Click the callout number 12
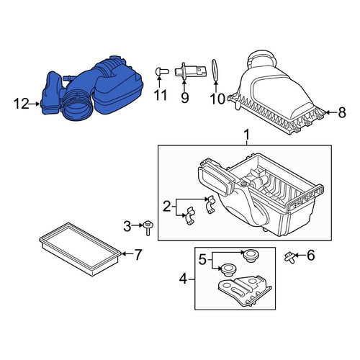(x=22, y=104)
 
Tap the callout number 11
(x=160, y=95)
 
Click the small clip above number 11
(x=161, y=71)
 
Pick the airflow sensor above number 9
(x=189, y=71)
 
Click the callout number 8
(x=342, y=112)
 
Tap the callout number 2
(x=166, y=207)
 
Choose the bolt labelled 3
(x=147, y=228)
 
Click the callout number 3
(x=127, y=226)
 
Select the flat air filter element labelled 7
(x=80, y=248)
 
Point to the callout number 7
(x=138, y=254)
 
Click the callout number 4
(x=183, y=279)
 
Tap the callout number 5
(x=203, y=259)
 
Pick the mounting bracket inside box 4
(x=244, y=291)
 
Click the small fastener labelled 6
(x=289, y=257)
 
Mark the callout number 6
(x=311, y=255)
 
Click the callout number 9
(x=185, y=97)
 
